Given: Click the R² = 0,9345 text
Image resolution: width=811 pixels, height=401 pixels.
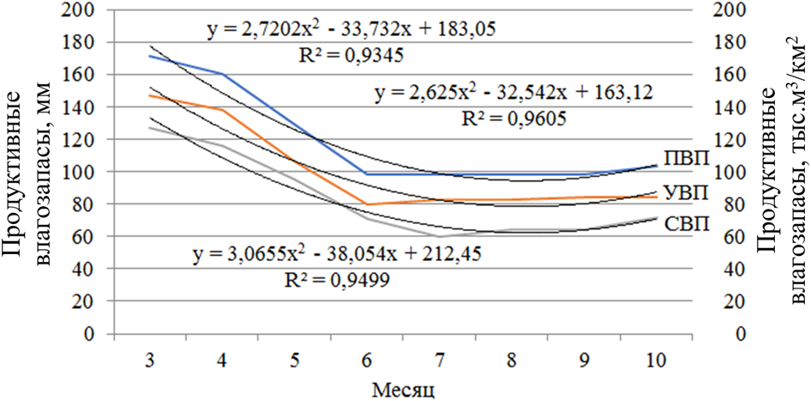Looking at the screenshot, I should tap(348, 57).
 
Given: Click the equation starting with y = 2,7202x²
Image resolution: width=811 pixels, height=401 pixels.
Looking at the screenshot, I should tap(351, 32).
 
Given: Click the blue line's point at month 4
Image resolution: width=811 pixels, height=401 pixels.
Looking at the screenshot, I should tap(223, 75).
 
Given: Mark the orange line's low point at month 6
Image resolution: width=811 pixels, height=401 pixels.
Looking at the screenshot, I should tap(368, 204).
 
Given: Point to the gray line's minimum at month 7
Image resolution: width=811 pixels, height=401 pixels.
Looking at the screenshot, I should tap(440, 236).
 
